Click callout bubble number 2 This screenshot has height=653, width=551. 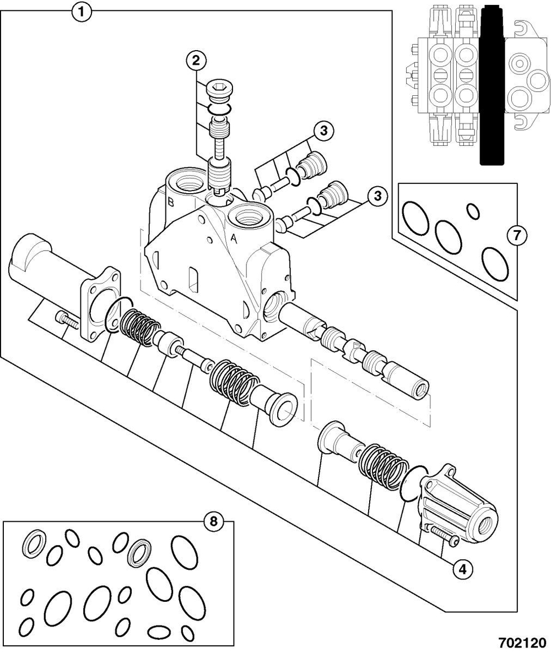(x=196, y=61)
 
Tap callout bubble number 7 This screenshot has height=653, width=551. (x=516, y=236)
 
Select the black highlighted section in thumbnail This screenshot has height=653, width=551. (x=492, y=85)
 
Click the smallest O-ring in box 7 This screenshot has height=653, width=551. (x=473, y=210)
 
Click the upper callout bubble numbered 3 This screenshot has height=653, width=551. (x=323, y=130)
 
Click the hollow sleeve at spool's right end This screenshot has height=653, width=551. (x=409, y=379)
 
